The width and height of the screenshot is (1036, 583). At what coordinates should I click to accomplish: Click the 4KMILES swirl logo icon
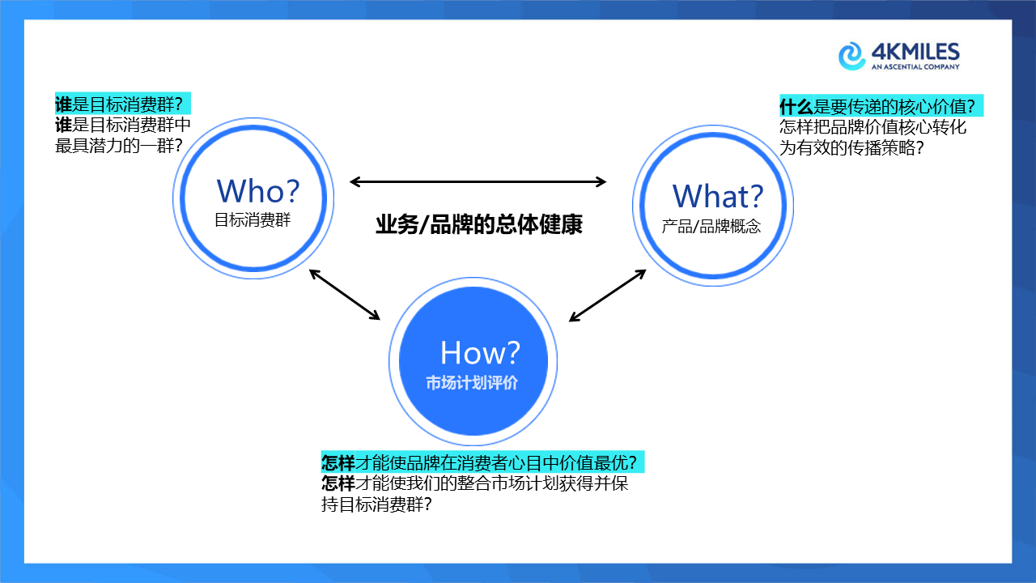[x=852, y=57]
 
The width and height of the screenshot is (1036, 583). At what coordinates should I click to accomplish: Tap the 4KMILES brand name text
[x=915, y=53]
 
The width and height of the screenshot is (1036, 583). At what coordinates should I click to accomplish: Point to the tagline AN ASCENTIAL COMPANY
[x=915, y=68]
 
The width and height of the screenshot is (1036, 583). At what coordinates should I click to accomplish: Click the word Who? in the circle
[x=257, y=191]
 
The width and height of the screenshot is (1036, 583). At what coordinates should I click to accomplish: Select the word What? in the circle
[x=717, y=196]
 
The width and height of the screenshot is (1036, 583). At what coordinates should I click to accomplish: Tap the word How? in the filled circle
[x=480, y=353]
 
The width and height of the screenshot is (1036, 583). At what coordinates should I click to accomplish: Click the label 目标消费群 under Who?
[x=253, y=220]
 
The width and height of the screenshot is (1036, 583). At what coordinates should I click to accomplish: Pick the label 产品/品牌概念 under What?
[x=711, y=227]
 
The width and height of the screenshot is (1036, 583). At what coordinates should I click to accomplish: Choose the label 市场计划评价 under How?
[x=472, y=383]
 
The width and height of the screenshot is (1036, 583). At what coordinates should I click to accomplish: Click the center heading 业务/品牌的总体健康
[x=478, y=225]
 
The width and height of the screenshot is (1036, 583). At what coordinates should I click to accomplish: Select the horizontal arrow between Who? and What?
[x=478, y=182]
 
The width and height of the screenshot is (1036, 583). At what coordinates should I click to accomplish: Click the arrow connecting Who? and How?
[x=345, y=295]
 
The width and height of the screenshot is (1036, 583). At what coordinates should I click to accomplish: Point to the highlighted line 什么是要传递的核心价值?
[x=881, y=107]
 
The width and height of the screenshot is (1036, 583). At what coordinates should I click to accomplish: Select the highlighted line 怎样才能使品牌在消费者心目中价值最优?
[x=482, y=462]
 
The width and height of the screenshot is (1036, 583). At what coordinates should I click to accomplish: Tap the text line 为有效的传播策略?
[x=852, y=148]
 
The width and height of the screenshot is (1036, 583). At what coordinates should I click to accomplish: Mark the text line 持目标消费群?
[x=376, y=504]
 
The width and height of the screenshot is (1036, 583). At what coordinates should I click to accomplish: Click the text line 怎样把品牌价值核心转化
[x=873, y=127]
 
